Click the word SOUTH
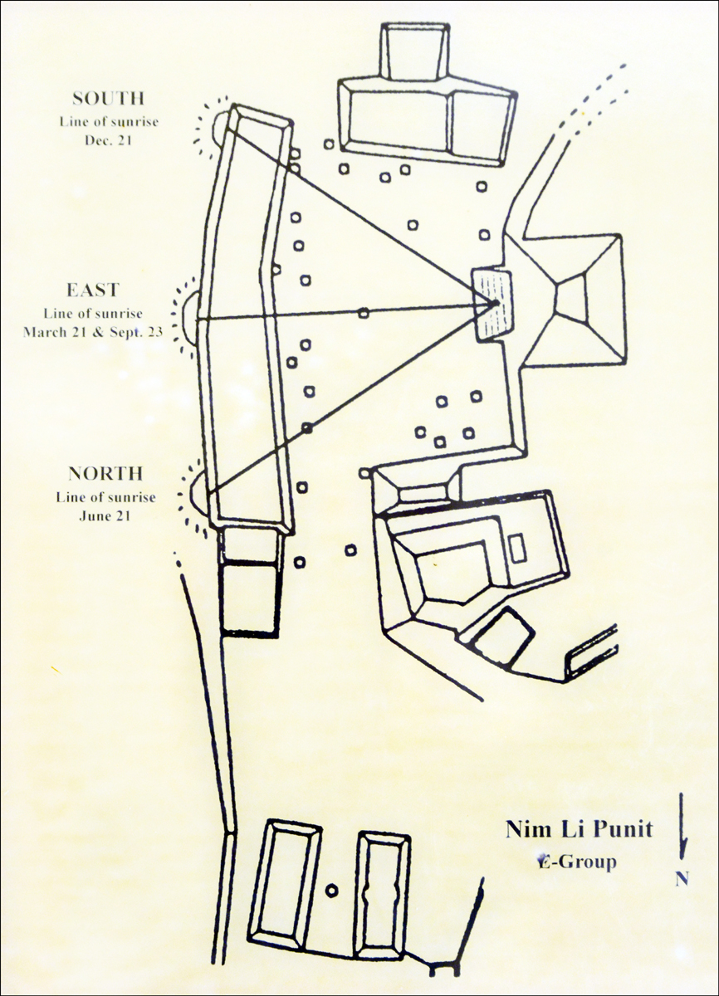[x=109, y=99]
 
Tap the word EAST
[x=93, y=290]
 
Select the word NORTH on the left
[x=105, y=474]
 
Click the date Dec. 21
[x=109, y=140]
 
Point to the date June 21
[x=105, y=516]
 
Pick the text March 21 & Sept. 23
[x=93, y=332]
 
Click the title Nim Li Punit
[x=580, y=830]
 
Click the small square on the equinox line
[x=364, y=313]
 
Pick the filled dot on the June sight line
[x=306, y=427]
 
